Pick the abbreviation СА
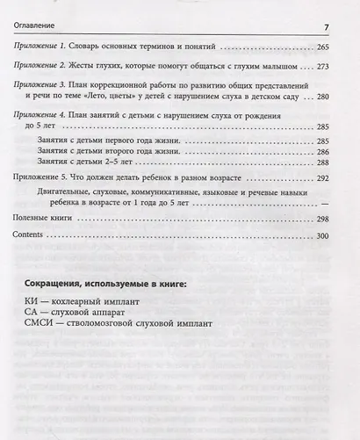point(32,317)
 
